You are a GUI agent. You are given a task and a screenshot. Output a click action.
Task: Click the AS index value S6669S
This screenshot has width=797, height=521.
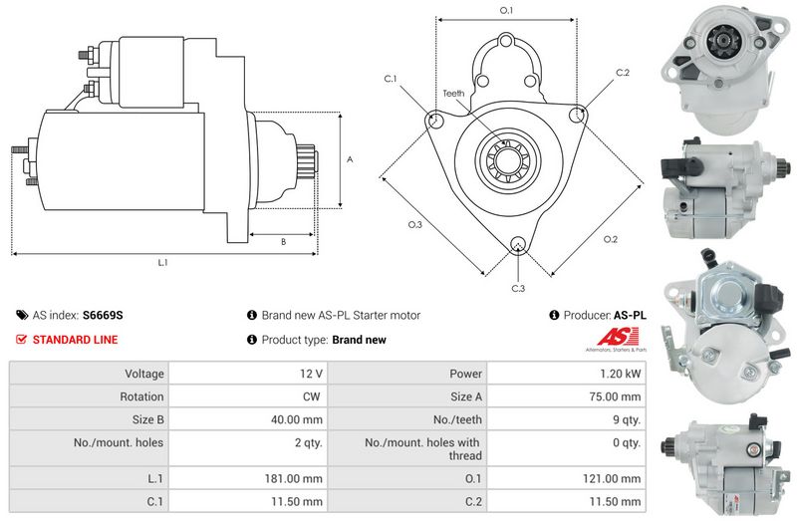click(103, 315)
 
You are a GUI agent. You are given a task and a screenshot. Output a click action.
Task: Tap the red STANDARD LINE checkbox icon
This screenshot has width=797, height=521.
click(21, 339)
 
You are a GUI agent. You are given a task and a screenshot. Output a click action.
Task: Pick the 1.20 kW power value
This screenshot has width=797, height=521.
click(620, 374)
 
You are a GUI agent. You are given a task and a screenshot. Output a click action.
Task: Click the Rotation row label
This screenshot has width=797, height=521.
click(141, 396)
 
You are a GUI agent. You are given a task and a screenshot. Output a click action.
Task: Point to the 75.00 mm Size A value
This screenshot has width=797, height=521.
click(615, 396)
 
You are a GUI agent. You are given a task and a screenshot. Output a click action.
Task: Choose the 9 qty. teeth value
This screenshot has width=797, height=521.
click(627, 419)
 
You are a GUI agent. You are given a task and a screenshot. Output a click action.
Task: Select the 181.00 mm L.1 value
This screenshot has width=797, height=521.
click(293, 479)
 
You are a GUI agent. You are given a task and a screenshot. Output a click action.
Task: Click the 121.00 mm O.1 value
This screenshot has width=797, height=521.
click(612, 479)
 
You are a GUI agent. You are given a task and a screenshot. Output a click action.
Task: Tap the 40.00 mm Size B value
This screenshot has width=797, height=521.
click(297, 419)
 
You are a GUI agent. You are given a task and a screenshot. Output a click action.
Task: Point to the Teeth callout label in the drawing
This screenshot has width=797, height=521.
click(453, 94)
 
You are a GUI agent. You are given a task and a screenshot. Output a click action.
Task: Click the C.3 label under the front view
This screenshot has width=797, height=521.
click(518, 289)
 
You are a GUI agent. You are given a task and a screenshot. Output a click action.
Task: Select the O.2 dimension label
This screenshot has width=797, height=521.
click(611, 239)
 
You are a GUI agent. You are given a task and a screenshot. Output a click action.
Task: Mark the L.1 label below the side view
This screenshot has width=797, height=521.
click(162, 263)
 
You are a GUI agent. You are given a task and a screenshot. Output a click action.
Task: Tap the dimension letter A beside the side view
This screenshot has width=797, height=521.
click(350, 159)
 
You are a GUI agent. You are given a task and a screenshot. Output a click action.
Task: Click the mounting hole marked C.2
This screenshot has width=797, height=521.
click(577, 115)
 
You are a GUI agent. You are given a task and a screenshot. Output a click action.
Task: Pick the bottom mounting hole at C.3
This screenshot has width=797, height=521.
click(518, 244)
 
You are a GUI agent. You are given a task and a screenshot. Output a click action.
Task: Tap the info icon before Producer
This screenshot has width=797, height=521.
click(554, 315)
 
